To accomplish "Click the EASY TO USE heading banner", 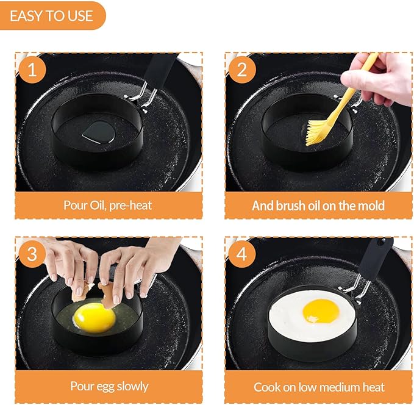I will pos(52,16).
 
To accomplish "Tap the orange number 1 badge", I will pos(32,70).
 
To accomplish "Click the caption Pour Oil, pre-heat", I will pos(108,205).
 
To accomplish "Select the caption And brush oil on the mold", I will pos(318,205).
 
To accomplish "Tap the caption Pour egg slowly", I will pos(108,386).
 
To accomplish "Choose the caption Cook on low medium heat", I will pos(318,387).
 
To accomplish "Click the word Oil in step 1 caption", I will pos(95,205).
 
